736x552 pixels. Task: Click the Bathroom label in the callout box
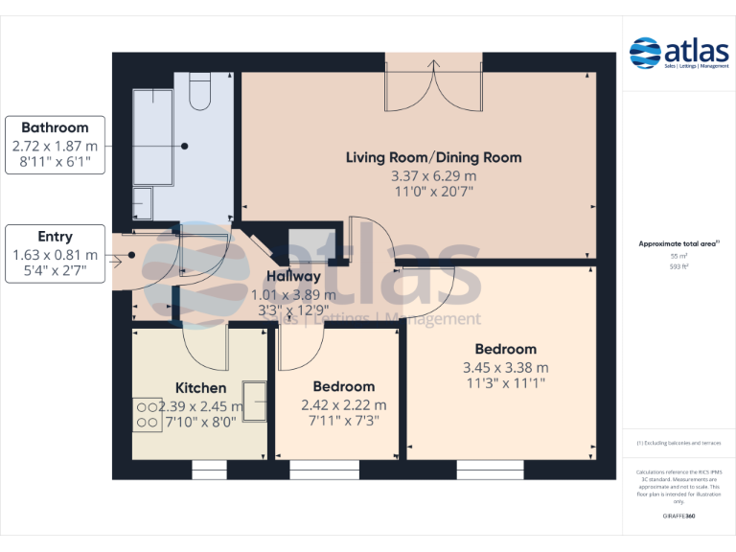55,127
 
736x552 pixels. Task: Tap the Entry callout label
55,237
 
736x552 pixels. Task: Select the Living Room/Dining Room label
433,157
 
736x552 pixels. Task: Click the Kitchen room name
200,388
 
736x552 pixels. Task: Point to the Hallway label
293,277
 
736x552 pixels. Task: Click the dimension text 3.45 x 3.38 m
505,367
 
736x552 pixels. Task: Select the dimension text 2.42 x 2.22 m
343,404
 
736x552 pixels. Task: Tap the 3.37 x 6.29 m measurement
433,176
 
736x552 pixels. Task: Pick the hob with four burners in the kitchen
148,413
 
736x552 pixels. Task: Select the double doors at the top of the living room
433,84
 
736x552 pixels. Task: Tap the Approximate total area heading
678,244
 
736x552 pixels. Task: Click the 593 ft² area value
678,266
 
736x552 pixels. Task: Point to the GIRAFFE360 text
678,517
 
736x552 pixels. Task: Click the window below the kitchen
209,470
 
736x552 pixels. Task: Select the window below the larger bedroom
490,470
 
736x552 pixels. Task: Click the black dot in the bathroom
185,146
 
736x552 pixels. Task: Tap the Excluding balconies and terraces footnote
678,443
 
